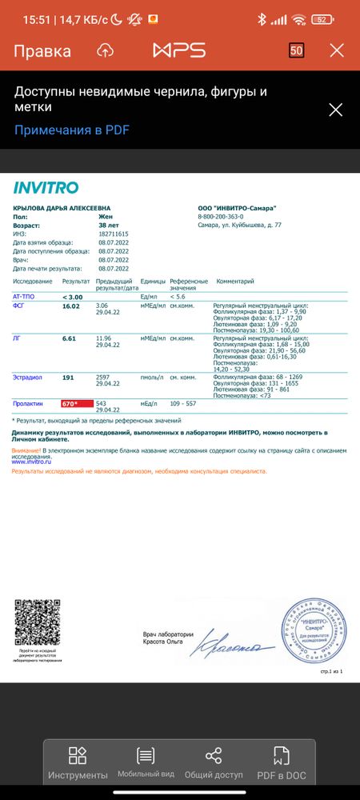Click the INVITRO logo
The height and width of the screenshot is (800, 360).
46,188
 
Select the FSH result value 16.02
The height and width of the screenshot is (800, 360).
71,306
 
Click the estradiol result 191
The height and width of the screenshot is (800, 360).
68,377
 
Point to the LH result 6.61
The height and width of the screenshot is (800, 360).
69,338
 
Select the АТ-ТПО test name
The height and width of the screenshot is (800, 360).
25,296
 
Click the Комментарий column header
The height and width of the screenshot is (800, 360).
235,282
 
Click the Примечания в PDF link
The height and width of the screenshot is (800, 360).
71,130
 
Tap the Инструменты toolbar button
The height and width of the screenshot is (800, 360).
78,763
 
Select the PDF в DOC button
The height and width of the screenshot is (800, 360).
282,763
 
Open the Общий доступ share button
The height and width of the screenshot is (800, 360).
214,763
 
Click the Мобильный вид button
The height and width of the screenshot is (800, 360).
146,763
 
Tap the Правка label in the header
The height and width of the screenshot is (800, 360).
42,51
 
